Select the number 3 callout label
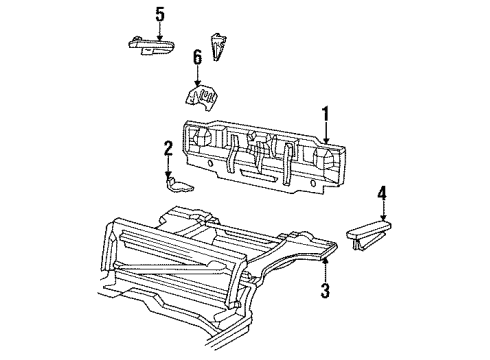[x=324, y=290]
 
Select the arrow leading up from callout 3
[x=324, y=268]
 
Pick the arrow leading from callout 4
[x=380, y=210]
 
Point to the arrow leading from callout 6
[x=198, y=77]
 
